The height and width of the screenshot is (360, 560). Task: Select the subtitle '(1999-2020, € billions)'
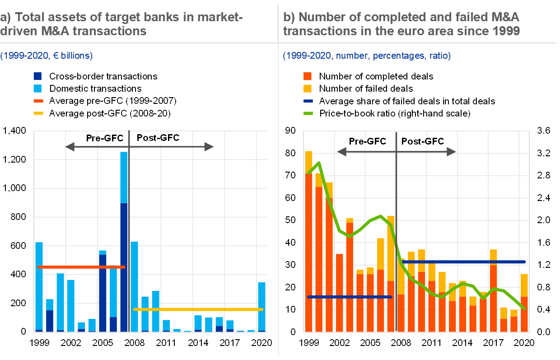pyautogui.click(x=47, y=56)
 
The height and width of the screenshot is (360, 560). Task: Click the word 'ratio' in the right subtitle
pyautogui.click(x=439, y=56)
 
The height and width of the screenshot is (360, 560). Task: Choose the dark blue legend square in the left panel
pyautogui.click(x=37, y=76)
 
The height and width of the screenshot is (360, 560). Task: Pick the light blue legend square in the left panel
pyautogui.click(x=37, y=89)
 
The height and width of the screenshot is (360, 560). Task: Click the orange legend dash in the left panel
pyautogui.click(x=38, y=101)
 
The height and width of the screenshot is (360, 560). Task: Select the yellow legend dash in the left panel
pyautogui.click(x=38, y=113)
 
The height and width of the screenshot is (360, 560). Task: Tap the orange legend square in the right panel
pyautogui.click(x=308, y=76)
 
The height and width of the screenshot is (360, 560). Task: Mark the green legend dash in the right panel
pyautogui.click(x=308, y=113)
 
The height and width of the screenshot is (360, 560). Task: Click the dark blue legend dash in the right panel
pyautogui.click(x=308, y=101)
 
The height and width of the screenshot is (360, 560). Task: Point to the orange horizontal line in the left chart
pyautogui.click(x=81, y=267)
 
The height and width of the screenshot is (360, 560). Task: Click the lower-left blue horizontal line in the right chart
pyautogui.click(x=349, y=297)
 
